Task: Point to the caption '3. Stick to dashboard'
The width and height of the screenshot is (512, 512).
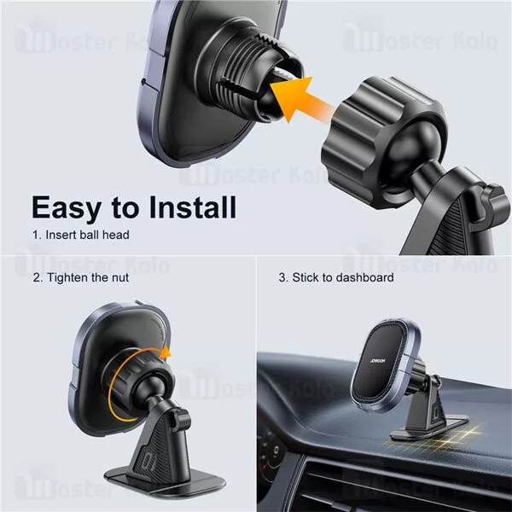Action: point(336,278)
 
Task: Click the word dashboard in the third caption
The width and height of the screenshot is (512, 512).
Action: point(366,278)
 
